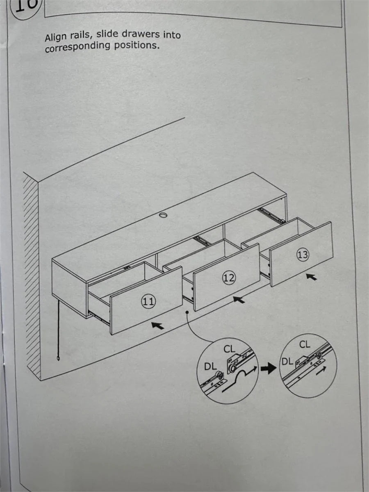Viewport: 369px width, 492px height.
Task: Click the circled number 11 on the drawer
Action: point(148,302)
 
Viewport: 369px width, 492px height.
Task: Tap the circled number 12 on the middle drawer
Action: point(228,278)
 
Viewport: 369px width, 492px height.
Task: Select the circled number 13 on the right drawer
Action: point(302,255)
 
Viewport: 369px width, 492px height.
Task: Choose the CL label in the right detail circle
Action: point(305,344)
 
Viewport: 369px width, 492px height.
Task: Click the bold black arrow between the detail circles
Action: point(268,369)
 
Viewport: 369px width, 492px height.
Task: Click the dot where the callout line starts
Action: point(187,313)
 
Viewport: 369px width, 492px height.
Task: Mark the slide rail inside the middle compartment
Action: point(203,240)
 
